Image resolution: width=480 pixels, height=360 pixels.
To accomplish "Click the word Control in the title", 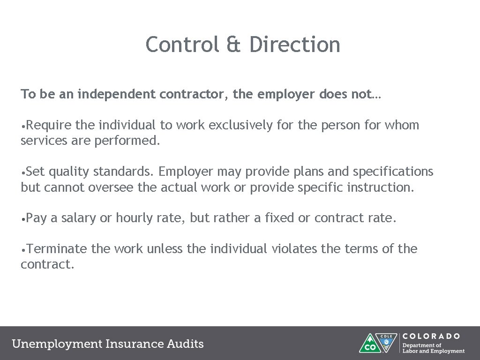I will pos(182,45).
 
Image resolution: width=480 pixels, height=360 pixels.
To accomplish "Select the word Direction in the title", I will pos(295,45).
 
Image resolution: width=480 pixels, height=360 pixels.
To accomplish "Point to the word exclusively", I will pos(240,125).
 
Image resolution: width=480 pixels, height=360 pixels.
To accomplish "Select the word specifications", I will pos(393,172).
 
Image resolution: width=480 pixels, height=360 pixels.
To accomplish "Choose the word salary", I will pos(78,218).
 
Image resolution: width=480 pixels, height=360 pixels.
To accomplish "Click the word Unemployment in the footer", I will pos(57,344).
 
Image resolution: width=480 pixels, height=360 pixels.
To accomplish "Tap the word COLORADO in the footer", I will pos(431,336).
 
